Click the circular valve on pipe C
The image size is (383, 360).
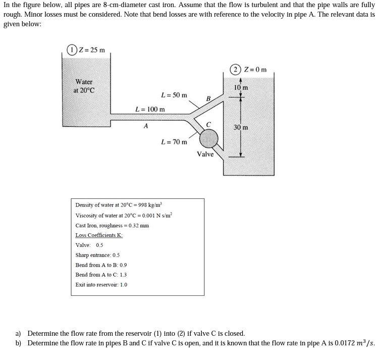click(208, 138)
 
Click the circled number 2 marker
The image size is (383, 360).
click(236, 69)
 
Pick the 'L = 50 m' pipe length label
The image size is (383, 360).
click(174, 95)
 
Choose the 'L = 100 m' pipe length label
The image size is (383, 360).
click(150, 109)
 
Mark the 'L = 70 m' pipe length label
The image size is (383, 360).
click(174, 142)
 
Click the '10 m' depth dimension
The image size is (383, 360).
click(241, 88)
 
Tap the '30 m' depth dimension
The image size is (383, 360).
click(241, 127)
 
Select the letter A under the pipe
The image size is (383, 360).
click(146, 126)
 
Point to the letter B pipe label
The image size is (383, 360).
click(208, 98)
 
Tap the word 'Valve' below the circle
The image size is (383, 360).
click(205, 154)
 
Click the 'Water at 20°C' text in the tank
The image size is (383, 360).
click(84, 86)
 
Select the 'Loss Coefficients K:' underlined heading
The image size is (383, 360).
click(99, 235)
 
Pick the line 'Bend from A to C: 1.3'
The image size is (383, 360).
click(101, 275)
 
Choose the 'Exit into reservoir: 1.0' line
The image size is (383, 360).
click(101, 285)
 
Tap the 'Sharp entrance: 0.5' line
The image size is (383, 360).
click(97, 255)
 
